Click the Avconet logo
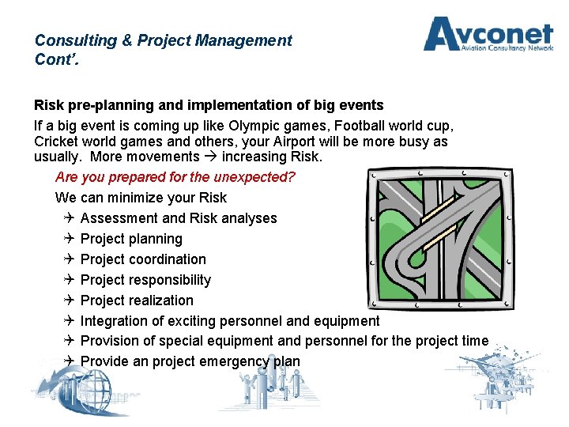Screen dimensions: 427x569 tap(488, 36)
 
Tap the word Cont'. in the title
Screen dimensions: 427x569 tap(53, 59)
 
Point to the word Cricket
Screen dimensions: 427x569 tap(57, 142)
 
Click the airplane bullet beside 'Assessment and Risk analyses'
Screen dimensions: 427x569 tap(69, 218)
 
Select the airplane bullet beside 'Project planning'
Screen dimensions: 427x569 tap(69, 239)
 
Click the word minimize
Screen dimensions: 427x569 tap(130, 198)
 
